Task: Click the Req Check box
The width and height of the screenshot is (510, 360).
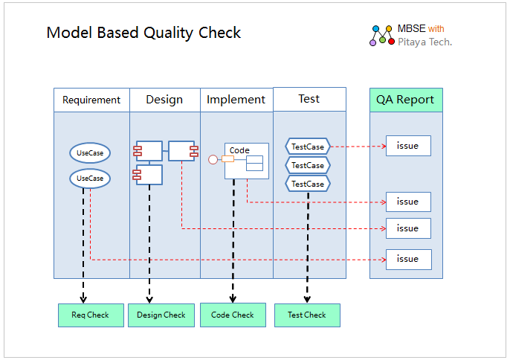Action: tap(91, 315)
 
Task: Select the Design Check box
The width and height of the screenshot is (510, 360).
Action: tap(161, 315)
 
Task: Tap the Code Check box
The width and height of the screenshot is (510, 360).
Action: tap(233, 315)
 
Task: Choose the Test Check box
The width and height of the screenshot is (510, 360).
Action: tap(307, 315)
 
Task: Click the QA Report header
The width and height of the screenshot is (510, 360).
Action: tap(406, 100)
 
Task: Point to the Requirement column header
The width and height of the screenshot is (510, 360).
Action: tap(91, 100)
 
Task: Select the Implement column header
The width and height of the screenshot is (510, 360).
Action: tap(236, 100)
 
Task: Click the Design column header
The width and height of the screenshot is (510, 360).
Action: tap(165, 100)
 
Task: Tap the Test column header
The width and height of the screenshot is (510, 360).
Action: tap(309, 99)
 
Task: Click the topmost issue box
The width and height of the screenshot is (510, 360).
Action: tap(409, 146)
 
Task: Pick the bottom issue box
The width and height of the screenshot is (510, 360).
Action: tap(409, 260)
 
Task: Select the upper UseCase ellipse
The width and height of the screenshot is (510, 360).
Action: tap(90, 152)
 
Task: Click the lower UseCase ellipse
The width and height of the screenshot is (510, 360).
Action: tap(90, 179)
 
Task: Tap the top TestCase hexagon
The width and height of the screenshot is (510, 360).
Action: tap(308, 147)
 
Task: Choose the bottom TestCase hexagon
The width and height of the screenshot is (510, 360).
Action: tap(308, 184)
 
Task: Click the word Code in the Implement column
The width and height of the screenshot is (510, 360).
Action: tap(239, 150)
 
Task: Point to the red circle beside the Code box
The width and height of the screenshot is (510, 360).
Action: tap(213, 159)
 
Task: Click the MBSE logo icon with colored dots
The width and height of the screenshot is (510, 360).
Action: tap(382, 36)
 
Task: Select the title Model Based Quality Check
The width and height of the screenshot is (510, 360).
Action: tap(143, 33)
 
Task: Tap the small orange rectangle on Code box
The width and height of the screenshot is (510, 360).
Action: tap(227, 159)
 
